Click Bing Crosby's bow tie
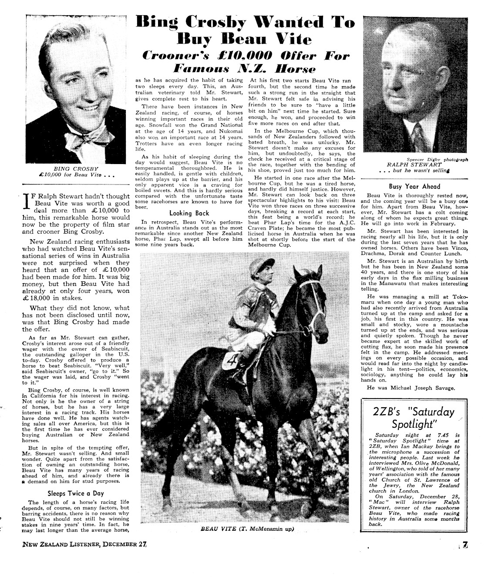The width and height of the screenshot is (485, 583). (x=81, y=137)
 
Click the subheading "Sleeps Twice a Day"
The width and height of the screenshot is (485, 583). (x=76, y=493)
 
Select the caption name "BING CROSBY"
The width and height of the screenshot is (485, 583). (x=76, y=169)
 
